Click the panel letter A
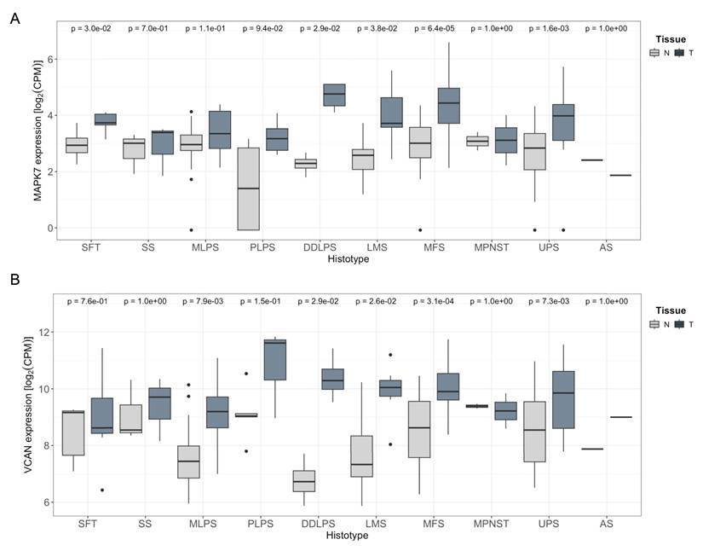coord(14,18)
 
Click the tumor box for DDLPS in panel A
coord(333,94)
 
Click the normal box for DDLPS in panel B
coord(304,481)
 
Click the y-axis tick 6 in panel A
coord(50,60)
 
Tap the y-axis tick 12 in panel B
coord(48,332)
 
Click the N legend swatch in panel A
coord(654,53)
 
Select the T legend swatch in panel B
coord(679,325)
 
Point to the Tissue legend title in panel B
coord(665,311)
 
